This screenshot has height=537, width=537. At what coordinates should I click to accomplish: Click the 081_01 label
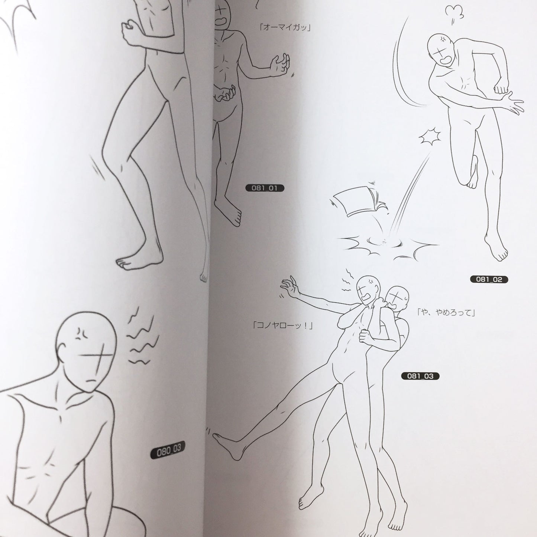pyautogui.click(x=265, y=188)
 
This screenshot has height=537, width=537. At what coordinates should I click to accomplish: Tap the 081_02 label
pyautogui.click(x=489, y=279)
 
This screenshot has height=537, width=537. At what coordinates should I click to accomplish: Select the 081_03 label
pyautogui.click(x=420, y=376)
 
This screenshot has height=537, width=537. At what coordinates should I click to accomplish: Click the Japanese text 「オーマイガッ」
pyautogui.click(x=285, y=28)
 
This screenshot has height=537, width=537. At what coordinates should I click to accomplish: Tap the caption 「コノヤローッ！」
pyautogui.click(x=282, y=325)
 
